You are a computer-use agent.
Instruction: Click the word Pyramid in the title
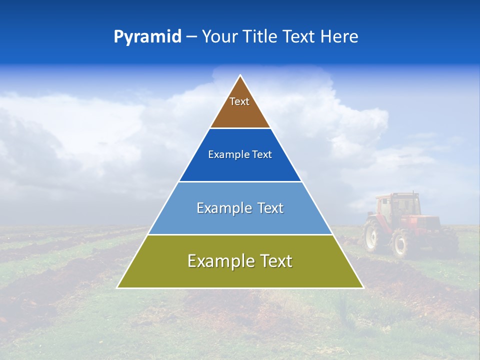[x=147, y=37]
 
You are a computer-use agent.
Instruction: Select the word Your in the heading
[x=220, y=37]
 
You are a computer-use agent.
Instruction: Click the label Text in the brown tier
[x=239, y=101]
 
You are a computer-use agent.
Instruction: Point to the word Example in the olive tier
[x=218, y=261]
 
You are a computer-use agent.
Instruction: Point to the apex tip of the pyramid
[x=240, y=76]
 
